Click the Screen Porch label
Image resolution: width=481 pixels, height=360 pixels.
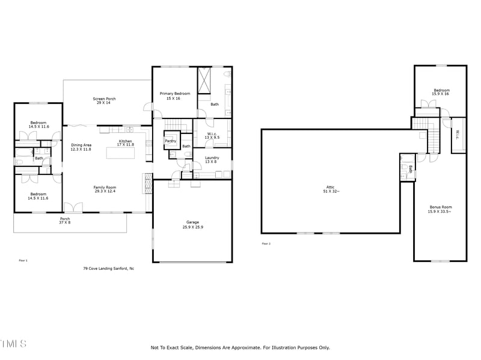[x=104, y=101]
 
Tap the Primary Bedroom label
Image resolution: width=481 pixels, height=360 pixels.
[x=174, y=96]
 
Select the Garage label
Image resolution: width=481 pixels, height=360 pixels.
[x=192, y=222]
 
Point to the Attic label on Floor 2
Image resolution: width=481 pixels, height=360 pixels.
[x=330, y=189]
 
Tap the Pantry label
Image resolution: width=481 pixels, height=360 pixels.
[x=170, y=141]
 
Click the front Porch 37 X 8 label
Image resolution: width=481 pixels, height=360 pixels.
[x=65, y=221]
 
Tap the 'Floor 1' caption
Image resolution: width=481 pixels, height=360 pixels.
[x=23, y=260]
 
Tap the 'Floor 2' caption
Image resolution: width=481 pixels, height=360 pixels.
[x=266, y=243]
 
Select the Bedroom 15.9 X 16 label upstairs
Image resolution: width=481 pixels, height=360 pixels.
[x=441, y=92]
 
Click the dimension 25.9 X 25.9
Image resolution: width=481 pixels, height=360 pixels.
[x=192, y=227]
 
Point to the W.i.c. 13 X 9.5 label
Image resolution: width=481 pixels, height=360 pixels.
[x=212, y=136]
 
